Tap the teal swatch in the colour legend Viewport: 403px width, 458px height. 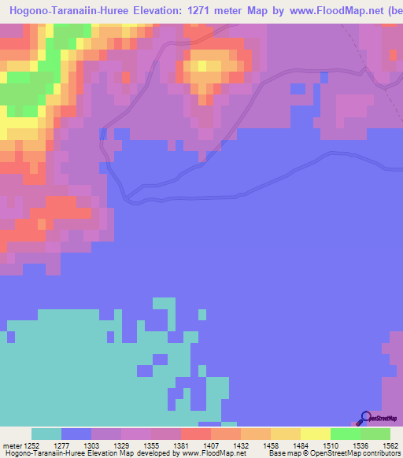click(x=46, y=434)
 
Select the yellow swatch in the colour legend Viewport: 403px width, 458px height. click(x=315, y=434)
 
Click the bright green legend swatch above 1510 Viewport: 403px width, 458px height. click(x=345, y=434)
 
